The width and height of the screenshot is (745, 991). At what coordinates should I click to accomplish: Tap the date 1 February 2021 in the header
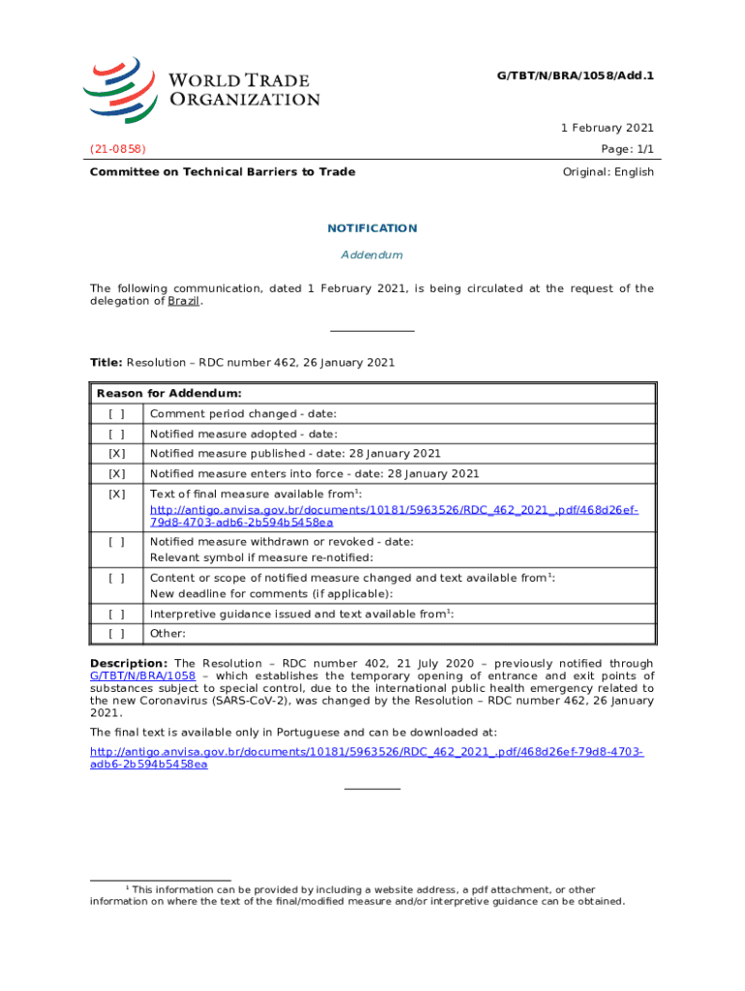pos(608,128)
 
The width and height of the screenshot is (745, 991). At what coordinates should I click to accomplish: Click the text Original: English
pos(608,172)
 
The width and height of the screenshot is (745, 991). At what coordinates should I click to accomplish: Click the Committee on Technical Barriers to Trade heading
pos(223,172)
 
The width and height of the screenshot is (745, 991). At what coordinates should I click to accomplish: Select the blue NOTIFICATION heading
pos(372,228)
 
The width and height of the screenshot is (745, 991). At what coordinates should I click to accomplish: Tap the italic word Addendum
pos(372,255)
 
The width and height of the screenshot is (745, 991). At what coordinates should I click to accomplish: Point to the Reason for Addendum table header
pos(169,394)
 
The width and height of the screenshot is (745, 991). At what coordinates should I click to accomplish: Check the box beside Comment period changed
pos(117,414)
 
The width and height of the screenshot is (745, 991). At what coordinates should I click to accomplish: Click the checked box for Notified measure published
pos(117,454)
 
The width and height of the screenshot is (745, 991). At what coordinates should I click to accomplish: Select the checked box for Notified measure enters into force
pos(117,474)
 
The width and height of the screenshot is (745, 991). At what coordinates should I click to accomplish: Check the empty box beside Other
pos(117,634)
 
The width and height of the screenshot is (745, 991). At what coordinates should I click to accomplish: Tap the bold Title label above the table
pos(105,362)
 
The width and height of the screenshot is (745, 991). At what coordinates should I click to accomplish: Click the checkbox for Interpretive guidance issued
pos(117,614)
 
